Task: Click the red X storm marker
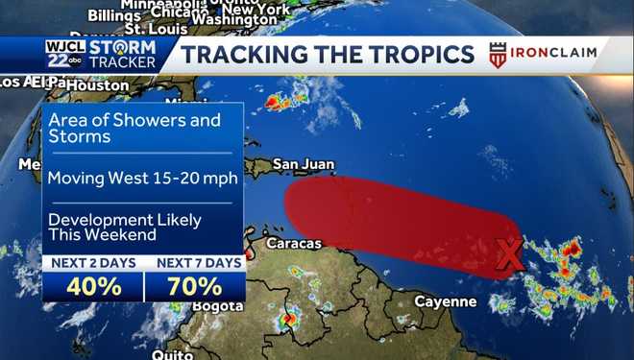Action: click(511, 254)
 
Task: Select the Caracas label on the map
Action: click(294, 244)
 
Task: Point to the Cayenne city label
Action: click(445, 301)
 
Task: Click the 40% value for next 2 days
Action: click(93, 285)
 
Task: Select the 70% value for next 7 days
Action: click(196, 285)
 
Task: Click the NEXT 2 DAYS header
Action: click(93, 262)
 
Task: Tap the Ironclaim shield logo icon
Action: click(498, 54)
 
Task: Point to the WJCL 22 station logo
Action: click(63, 54)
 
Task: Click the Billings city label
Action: click(113, 14)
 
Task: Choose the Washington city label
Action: click(234, 19)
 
